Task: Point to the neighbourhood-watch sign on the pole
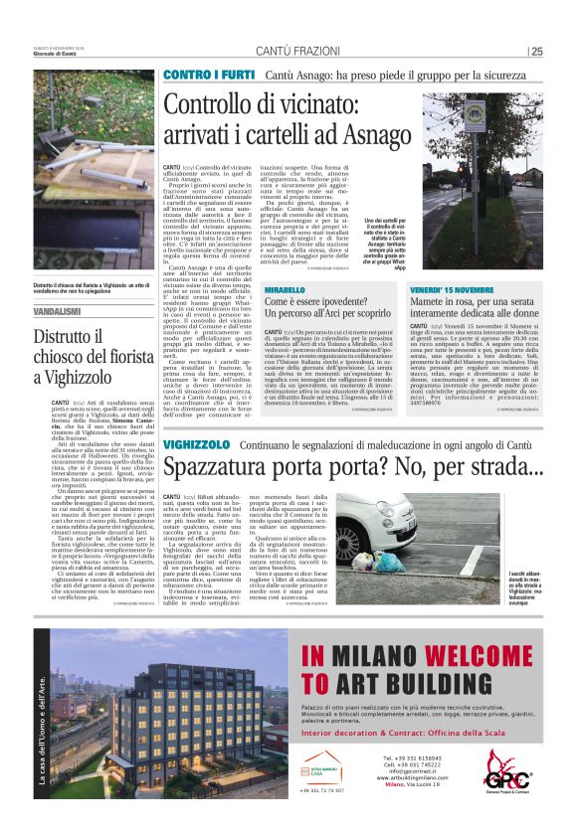475,113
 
